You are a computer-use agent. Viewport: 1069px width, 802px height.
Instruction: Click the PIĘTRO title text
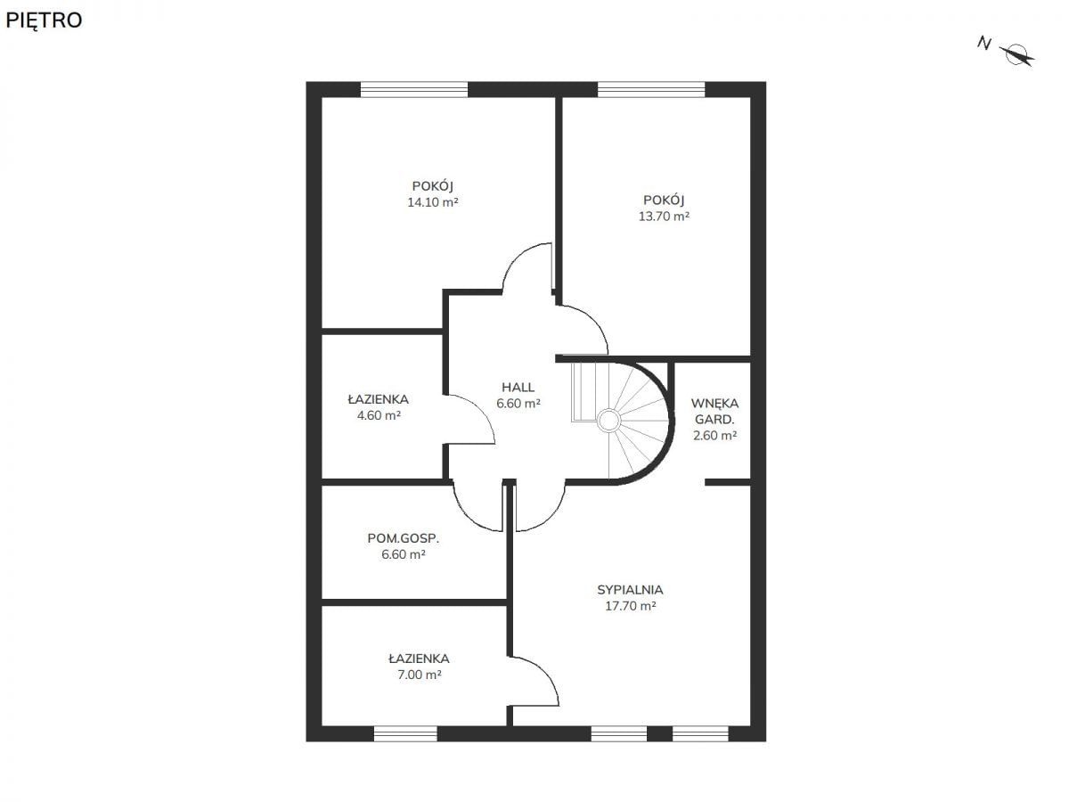tap(44, 20)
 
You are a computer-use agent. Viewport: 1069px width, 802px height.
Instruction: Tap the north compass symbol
tap(1017, 54)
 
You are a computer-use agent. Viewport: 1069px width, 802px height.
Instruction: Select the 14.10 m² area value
tap(432, 202)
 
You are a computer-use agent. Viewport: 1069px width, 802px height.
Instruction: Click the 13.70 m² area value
tap(664, 217)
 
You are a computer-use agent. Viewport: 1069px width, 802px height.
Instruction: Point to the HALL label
tap(518, 388)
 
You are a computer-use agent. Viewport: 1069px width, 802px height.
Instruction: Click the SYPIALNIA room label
tap(630, 590)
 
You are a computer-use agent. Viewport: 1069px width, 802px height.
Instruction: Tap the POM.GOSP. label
tap(404, 538)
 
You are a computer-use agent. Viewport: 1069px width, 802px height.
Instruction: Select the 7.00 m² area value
tap(420, 675)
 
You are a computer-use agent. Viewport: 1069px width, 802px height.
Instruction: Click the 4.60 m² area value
tap(379, 416)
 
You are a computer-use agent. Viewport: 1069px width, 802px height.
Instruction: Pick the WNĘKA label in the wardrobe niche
tap(714, 403)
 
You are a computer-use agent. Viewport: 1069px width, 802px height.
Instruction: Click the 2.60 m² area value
tap(714, 436)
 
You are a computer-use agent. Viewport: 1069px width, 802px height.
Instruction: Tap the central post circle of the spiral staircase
tap(608, 421)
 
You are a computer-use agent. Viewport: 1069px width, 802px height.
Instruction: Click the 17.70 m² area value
tap(630, 606)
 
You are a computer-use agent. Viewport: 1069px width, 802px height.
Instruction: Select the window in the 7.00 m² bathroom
tap(405, 733)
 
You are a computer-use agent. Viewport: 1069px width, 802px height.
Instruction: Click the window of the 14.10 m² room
tap(414, 90)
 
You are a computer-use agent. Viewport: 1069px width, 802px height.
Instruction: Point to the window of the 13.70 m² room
tap(651, 90)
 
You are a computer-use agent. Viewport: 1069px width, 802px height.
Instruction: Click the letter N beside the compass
tap(983, 44)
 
